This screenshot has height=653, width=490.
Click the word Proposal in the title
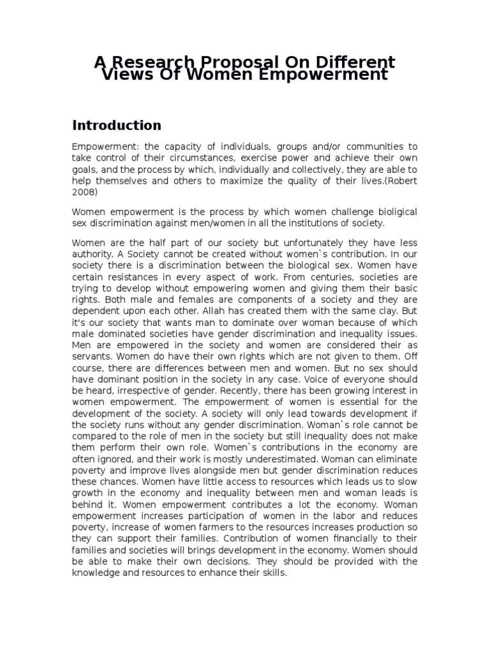[240, 62]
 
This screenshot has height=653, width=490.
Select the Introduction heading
[116, 125]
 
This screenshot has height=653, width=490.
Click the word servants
[92, 357]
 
